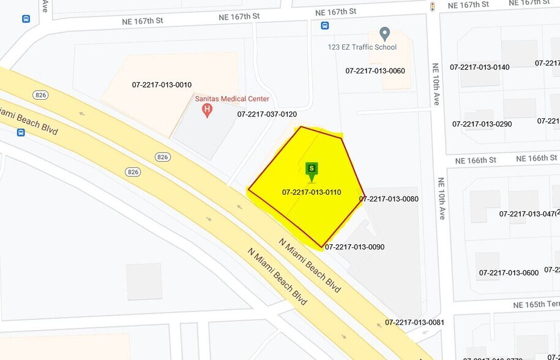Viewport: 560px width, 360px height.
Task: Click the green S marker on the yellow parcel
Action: (x=312, y=168)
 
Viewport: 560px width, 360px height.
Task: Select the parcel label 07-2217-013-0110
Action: (x=312, y=192)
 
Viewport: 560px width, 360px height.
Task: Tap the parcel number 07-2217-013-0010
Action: (x=162, y=85)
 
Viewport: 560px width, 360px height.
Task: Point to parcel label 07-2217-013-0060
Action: (x=375, y=71)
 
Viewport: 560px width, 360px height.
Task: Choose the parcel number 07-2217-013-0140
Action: (x=479, y=67)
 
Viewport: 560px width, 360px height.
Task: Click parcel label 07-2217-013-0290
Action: (x=482, y=124)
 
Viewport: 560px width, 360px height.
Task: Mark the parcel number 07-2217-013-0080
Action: (x=389, y=199)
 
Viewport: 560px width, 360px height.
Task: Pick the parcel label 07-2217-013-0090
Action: (x=354, y=247)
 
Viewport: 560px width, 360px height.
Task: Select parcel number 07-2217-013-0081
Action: (x=414, y=323)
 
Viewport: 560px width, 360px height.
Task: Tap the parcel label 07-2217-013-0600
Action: (x=509, y=273)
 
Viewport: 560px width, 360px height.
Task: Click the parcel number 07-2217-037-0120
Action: (x=267, y=114)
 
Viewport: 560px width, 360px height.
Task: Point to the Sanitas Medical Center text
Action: (x=232, y=99)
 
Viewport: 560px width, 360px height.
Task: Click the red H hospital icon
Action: (x=207, y=111)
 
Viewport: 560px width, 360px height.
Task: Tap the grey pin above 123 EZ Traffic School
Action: (x=384, y=33)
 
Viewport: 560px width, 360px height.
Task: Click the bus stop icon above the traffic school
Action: (x=324, y=26)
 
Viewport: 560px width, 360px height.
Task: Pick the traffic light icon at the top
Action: (x=433, y=6)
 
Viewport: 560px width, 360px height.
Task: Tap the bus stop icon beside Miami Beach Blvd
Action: (x=21, y=132)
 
